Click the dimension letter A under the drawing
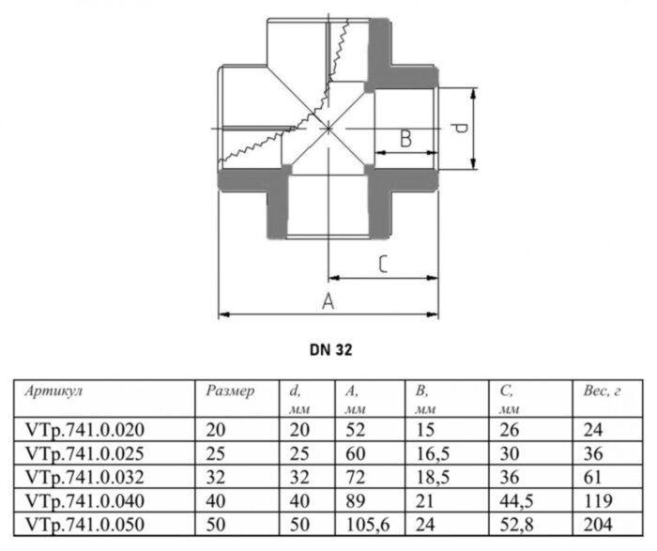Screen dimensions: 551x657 pos(328,300)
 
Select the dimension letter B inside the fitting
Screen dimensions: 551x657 pos(405,138)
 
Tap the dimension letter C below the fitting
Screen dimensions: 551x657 pos(383,265)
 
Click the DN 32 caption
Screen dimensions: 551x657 pos(328,347)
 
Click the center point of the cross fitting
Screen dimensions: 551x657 pos(328,127)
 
